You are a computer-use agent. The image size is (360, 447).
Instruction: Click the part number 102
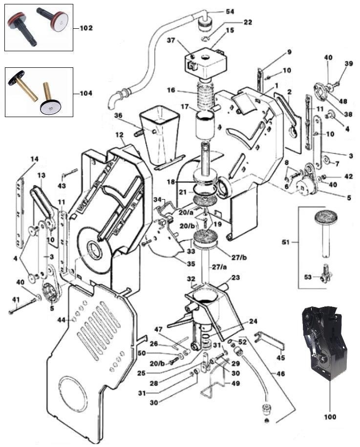point(85,28)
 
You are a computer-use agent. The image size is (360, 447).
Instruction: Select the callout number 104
point(85,93)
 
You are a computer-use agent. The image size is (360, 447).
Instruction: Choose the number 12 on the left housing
point(119,134)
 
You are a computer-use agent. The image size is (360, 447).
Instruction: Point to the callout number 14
point(34,159)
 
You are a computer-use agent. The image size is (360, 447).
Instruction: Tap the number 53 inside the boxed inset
point(307,277)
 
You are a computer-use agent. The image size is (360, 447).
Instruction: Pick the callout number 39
point(348,63)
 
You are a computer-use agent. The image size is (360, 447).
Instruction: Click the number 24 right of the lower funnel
point(252,321)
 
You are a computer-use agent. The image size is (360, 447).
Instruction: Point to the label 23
point(235,278)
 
